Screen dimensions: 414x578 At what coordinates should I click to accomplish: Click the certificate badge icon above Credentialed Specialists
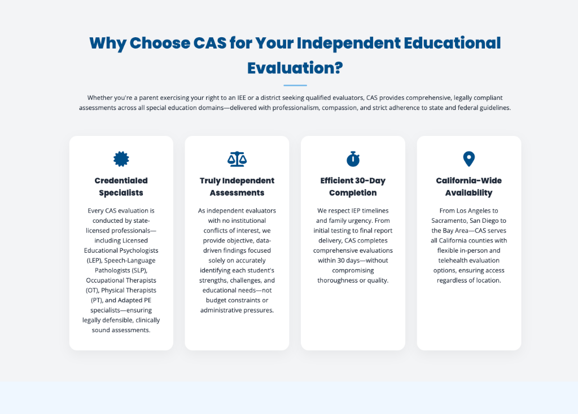tap(121, 159)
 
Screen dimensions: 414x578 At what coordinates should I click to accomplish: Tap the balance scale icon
tap(237, 159)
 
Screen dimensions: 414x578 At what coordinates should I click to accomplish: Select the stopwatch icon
tap(353, 159)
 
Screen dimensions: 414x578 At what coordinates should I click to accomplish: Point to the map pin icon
tap(468, 159)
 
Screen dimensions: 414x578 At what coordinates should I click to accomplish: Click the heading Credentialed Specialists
tap(121, 187)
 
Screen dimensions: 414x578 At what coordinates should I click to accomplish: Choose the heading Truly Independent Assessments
tap(237, 187)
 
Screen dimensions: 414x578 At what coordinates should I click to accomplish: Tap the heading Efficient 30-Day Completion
tap(353, 187)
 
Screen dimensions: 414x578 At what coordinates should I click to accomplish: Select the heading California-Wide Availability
tap(468, 187)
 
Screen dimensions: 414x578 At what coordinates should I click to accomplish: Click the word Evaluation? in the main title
tap(295, 68)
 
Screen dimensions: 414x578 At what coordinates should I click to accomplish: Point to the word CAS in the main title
tap(203, 43)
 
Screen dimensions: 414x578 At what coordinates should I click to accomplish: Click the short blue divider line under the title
tap(295, 85)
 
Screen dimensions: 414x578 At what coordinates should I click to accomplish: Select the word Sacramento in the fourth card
tap(452, 220)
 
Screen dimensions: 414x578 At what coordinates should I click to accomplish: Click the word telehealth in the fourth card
tap(456, 260)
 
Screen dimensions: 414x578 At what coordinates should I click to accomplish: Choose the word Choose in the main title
tap(161, 43)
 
